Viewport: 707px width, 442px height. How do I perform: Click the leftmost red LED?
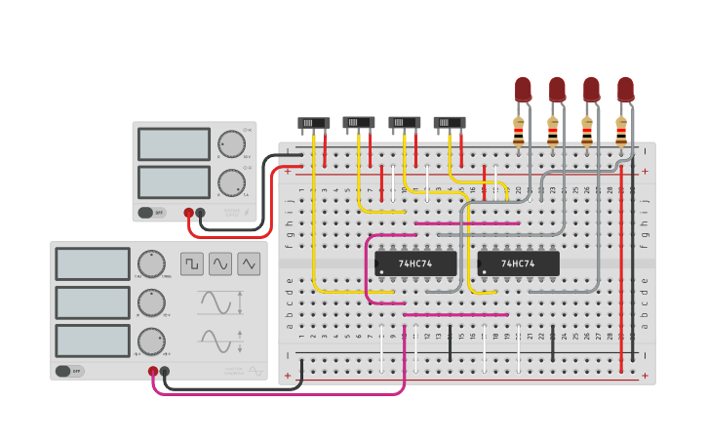(x=524, y=90)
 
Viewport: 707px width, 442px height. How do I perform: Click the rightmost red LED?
(x=625, y=90)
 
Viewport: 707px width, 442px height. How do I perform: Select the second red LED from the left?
(x=557, y=90)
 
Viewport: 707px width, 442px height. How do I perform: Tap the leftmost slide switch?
(x=313, y=123)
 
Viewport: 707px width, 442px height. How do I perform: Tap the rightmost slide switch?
(x=450, y=123)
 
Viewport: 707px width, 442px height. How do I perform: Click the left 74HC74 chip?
(x=415, y=263)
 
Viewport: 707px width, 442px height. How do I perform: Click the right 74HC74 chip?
(x=518, y=263)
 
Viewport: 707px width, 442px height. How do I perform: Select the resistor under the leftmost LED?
(x=519, y=130)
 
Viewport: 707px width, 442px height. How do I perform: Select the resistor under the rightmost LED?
(x=621, y=130)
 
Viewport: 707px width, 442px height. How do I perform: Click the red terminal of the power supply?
(x=188, y=212)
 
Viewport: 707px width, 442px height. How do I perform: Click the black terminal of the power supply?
(x=200, y=212)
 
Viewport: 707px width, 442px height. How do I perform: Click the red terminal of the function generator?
(x=153, y=371)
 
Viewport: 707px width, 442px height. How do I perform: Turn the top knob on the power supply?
(x=231, y=144)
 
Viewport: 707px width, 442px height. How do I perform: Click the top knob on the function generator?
(x=151, y=264)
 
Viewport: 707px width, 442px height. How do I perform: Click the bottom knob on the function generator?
(x=151, y=341)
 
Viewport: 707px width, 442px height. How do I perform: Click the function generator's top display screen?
(x=93, y=264)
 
